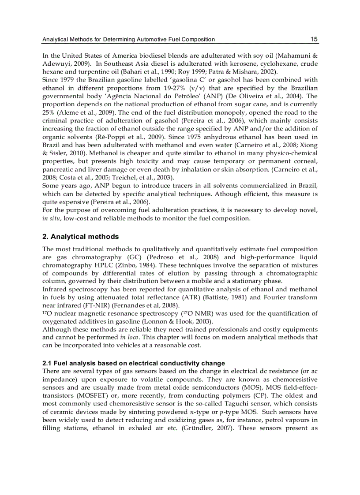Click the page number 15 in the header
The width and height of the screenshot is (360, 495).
pyautogui.click(x=314, y=39)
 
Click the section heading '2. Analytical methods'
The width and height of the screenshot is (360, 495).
pyautogui.click(x=80, y=237)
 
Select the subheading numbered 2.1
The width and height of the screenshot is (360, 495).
pyautogui.click(x=133, y=363)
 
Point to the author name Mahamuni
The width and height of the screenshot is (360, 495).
pyautogui.click(x=295, y=56)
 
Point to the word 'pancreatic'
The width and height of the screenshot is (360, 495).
pyautogui.click(x=58, y=169)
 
